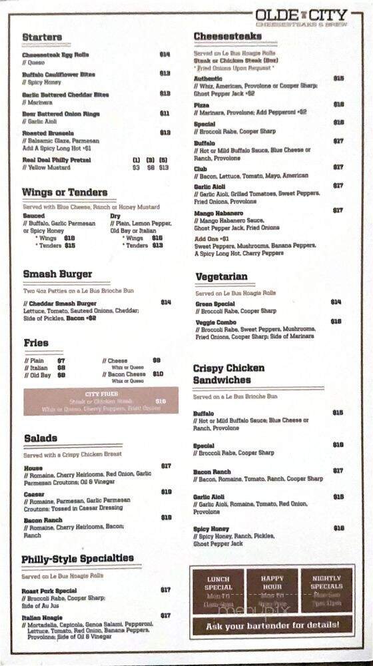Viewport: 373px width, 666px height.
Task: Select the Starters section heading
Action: tap(42, 37)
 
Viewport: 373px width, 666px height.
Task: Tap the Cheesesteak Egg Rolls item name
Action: tap(55, 55)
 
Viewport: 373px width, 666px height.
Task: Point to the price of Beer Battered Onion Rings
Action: tap(165, 114)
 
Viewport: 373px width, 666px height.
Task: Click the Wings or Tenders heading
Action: tap(65, 192)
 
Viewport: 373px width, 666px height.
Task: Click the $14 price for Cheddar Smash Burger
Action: tap(165, 302)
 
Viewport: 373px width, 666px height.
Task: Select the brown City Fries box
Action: tap(101, 401)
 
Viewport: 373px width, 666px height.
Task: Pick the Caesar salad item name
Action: tap(34, 494)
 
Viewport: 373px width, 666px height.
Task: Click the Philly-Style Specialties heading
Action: tap(77, 558)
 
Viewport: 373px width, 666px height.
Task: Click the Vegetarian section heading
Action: tap(222, 277)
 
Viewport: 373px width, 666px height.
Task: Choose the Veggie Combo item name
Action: tap(216, 322)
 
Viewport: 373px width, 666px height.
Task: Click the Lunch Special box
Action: tap(218, 590)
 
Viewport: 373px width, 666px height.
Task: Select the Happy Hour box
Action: tap(272, 590)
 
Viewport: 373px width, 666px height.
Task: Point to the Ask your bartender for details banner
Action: tap(272, 625)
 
